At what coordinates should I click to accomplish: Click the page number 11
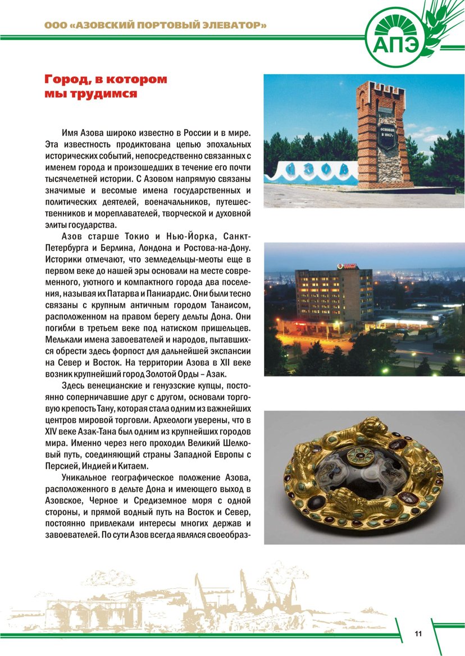tap(418, 634)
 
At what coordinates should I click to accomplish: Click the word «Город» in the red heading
tap(64, 79)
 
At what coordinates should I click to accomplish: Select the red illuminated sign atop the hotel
tap(346, 265)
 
